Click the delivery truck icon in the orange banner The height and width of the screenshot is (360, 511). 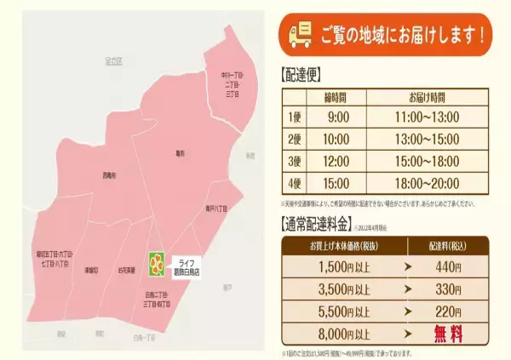tap(299, 35)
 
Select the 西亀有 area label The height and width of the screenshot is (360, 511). tap(108, 175)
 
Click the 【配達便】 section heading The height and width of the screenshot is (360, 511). tap(303, 74)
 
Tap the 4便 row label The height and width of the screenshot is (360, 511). tap(294, 182)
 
